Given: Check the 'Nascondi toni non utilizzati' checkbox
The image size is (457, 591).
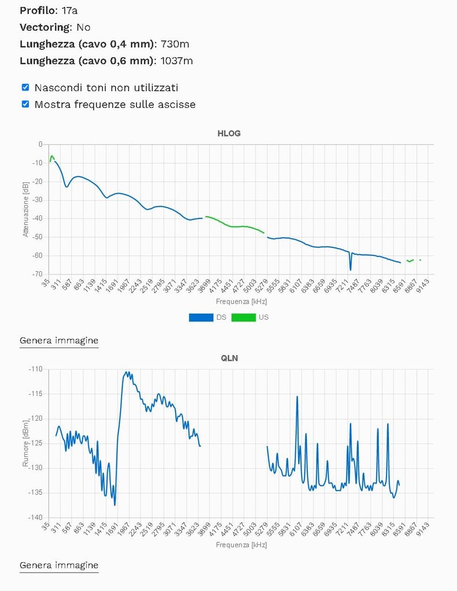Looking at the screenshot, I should (x=25, y=88).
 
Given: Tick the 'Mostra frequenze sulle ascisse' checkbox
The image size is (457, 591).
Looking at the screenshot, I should (x=25, y=104).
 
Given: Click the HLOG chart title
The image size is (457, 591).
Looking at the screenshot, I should (x=229, y=133).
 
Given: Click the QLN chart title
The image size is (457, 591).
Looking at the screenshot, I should (x=229, y=358).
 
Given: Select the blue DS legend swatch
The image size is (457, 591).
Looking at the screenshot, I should (x=200, y=317).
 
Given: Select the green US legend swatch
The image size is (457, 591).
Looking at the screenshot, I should (x=243, y=317).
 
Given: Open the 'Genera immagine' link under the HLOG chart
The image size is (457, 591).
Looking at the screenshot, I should (x=59, y=341).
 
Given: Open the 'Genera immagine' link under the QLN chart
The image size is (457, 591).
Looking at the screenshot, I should (x=59, y=565).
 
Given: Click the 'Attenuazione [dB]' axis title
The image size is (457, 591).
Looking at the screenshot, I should (x=25, y=210).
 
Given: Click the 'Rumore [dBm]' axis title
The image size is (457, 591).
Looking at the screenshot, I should (x=25, y=443).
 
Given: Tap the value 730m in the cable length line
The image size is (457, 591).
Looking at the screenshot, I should (x=176, y=44).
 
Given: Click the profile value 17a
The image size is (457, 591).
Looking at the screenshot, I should (x=70, y=10).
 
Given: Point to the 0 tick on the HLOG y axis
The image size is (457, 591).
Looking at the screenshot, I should (x=40, y=144).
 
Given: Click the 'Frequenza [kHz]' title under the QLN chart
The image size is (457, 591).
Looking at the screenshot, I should (x=241, y=545).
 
